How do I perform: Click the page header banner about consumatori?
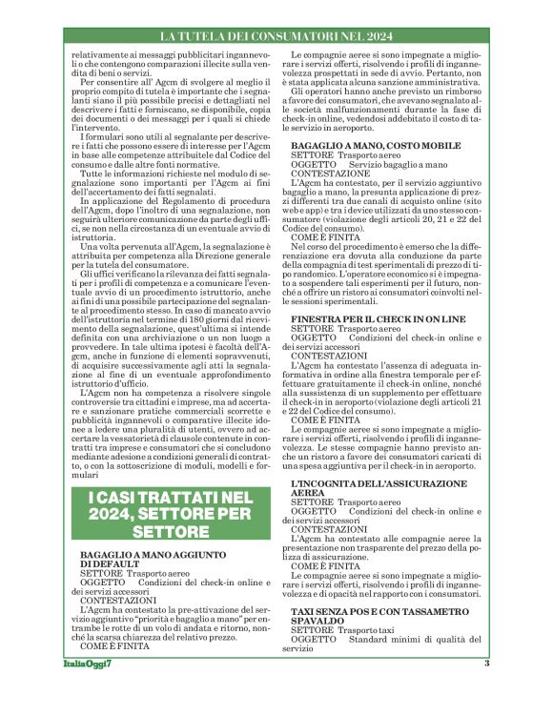(276, 36)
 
